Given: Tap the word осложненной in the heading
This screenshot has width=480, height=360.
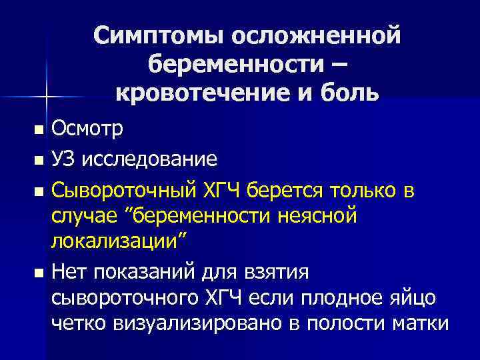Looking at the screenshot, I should pos(315,34).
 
